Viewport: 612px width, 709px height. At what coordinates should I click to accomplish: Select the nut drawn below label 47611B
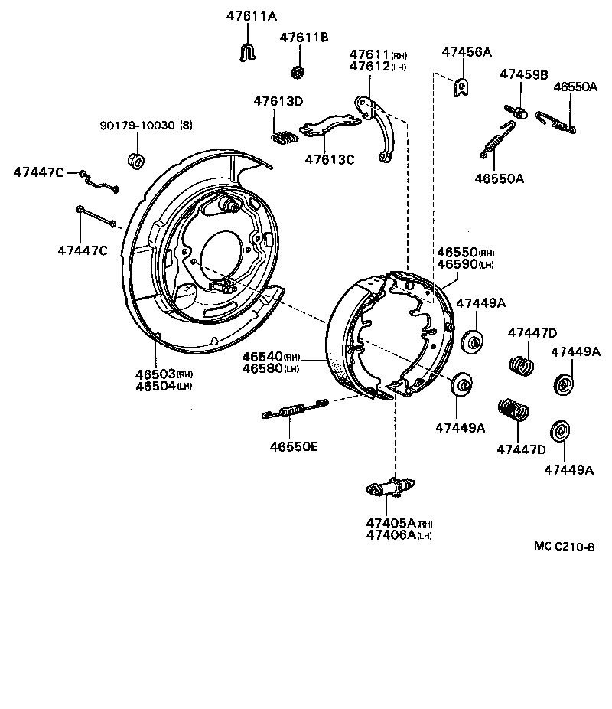(298, 72)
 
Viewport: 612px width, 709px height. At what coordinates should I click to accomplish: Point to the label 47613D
(278, 101)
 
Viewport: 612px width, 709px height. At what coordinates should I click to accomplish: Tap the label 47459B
(523, 74)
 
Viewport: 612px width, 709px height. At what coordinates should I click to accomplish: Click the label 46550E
(292, 446)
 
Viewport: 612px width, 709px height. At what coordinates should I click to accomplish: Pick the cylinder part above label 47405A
(390, 487)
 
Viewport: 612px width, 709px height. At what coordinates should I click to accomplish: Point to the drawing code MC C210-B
(564, 546)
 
